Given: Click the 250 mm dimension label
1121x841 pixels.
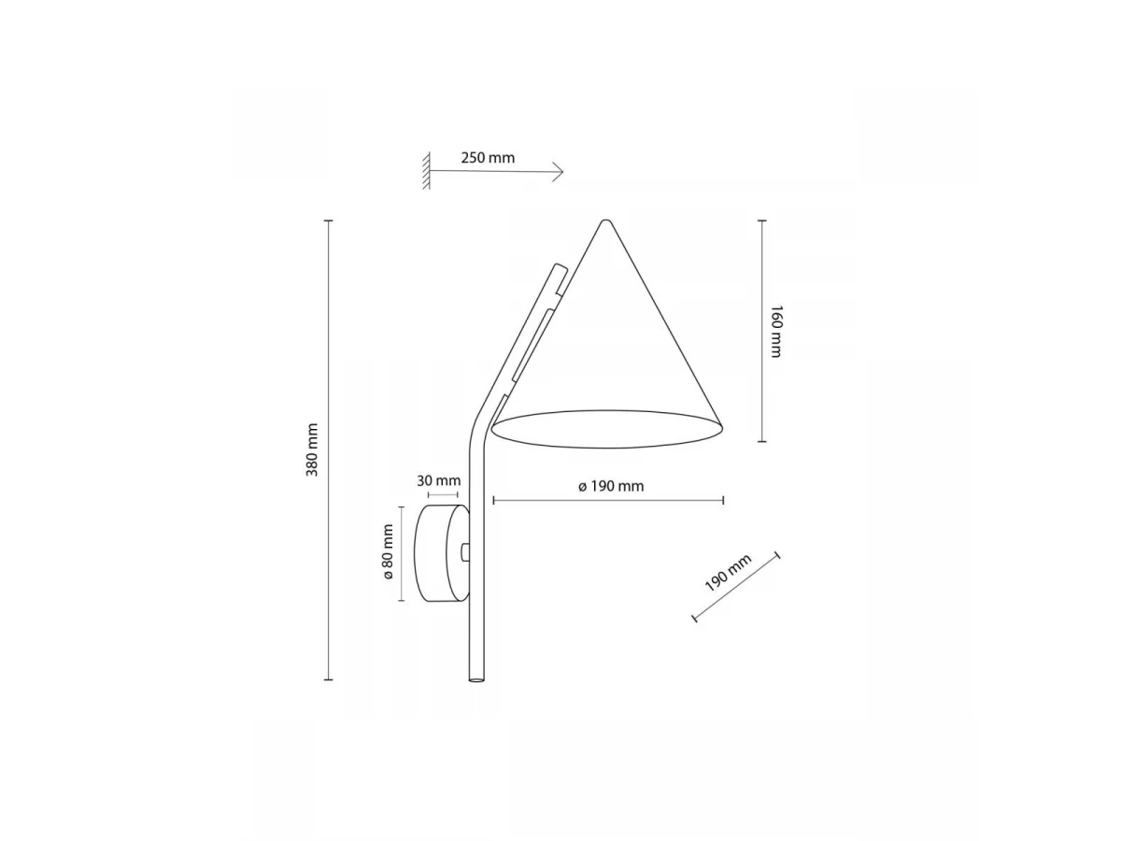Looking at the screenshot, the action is [488, 158].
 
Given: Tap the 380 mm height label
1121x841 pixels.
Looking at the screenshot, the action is [312, 449].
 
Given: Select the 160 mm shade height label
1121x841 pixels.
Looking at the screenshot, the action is [775, 332].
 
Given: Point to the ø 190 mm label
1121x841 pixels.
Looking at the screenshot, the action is [611, 486].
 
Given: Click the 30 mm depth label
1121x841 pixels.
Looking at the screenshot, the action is [438, 480].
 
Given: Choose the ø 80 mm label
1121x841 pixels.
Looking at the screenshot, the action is [388, 552].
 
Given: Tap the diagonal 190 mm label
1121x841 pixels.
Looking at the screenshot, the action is [728, 573].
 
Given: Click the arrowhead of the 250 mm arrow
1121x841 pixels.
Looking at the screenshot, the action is [560, 172].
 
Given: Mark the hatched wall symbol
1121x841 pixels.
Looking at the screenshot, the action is [426, 171].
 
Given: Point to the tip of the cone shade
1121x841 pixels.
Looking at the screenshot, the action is [605, 221].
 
